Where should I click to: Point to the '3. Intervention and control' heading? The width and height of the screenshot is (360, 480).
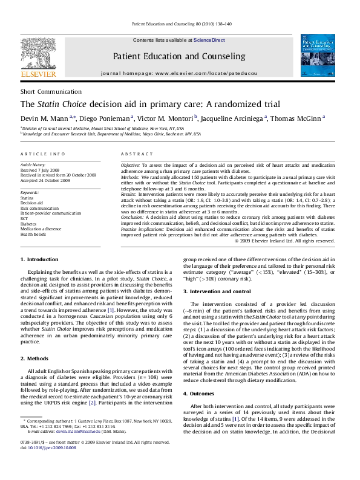tap(219, 291)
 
